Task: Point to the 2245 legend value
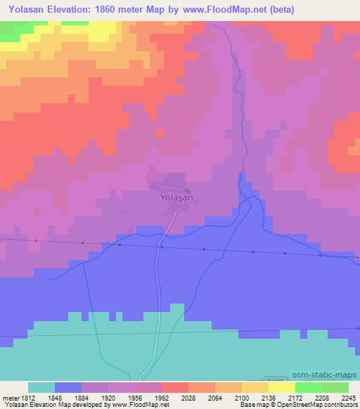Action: tap(349, 396)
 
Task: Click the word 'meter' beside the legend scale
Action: tap(9, 396)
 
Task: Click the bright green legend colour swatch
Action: tap(309, 387)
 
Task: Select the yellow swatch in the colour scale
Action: tap(282, 387)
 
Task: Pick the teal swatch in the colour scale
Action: tap(41, 387)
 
